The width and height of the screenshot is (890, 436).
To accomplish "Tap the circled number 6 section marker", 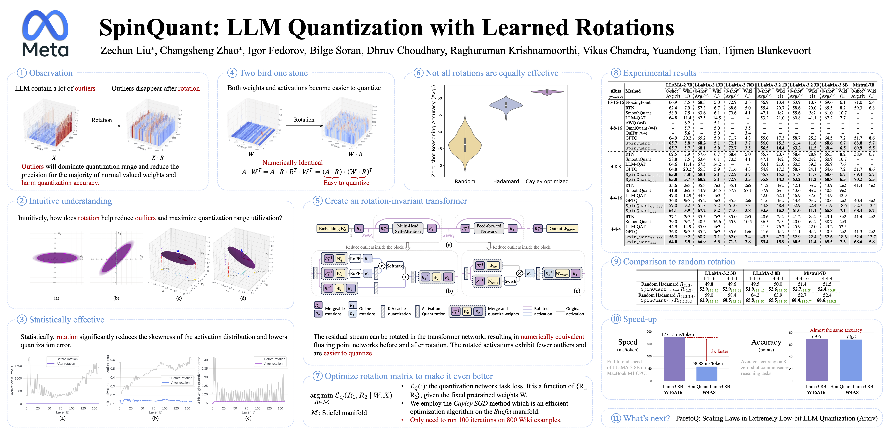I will coord(419,73).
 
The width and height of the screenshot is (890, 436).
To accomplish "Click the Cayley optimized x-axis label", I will coord(547,181).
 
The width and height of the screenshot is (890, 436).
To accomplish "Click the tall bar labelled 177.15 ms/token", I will coord(674,359).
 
